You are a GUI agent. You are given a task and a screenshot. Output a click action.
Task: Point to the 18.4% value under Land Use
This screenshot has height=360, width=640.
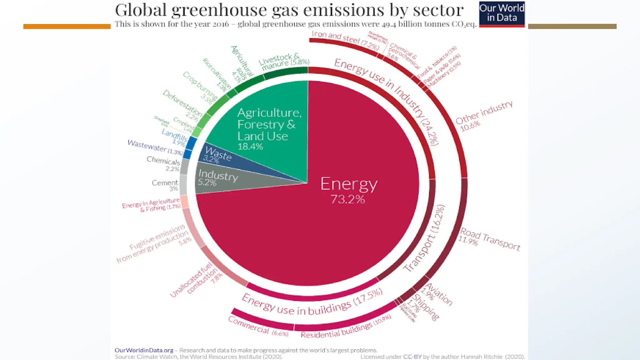click(x=250, y=146)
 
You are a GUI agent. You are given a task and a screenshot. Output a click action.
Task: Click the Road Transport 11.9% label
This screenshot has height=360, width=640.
click(x=489, y=239)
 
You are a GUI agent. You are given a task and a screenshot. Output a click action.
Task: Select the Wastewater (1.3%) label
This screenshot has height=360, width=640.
click(x=155, y=147)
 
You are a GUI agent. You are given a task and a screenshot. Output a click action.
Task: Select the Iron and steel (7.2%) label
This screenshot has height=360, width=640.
click(x=345, y=40)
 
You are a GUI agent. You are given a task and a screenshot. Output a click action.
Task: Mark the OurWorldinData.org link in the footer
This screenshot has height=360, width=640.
click(x=144, y=350)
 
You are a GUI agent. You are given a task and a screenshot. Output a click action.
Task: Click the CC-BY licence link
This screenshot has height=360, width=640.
click(x=412, y=357)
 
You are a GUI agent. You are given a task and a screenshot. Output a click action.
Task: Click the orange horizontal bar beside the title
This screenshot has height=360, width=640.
click(x=67, y=27)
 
